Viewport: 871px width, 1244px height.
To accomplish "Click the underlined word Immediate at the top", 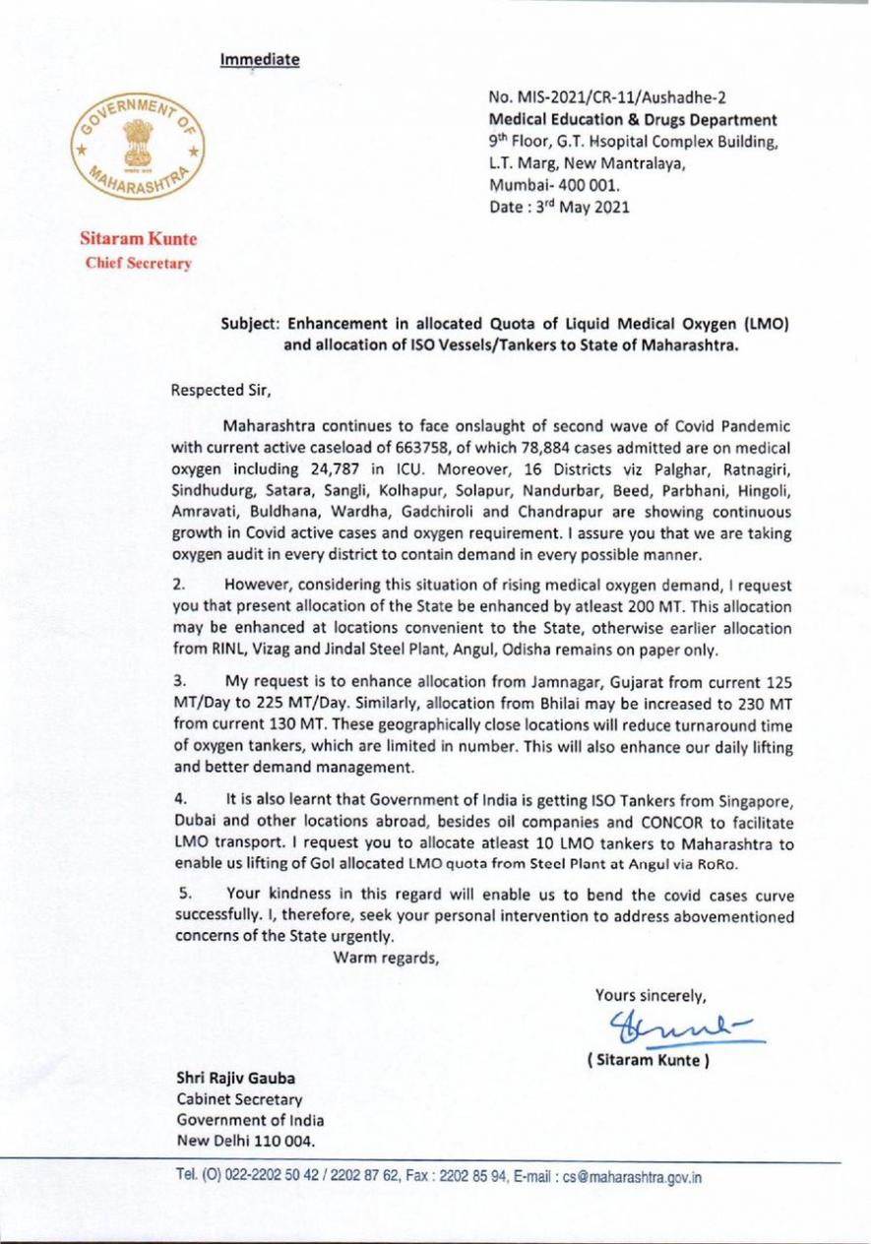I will (x=260, y=59).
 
